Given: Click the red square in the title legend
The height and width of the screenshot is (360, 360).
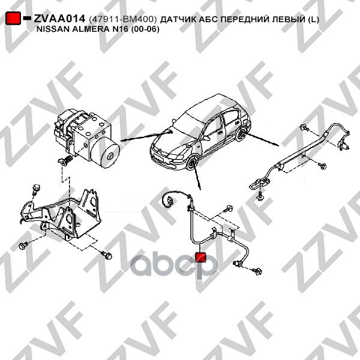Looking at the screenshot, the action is (13, 19).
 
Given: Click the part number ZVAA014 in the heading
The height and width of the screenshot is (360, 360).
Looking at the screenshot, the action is (59, 19).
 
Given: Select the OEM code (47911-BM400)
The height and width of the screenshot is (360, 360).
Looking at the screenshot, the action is (123, 19).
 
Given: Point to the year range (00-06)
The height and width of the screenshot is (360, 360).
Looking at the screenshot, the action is (145, 29).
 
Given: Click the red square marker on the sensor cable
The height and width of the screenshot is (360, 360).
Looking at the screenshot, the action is (200, 257).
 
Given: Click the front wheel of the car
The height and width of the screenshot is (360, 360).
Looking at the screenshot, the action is (192, 163).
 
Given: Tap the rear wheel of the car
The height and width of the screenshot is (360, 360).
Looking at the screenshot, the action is (241, 135).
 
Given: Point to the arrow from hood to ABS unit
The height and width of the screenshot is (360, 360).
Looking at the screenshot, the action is (146, 136).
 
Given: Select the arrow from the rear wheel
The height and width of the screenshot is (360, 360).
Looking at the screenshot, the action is (262, 139).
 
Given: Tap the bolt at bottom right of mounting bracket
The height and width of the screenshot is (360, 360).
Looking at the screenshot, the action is (107, 255).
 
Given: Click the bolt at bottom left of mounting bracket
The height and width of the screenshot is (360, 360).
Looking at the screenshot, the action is (23, 245).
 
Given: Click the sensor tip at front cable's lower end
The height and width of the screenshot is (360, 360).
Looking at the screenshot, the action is (237, 264).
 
